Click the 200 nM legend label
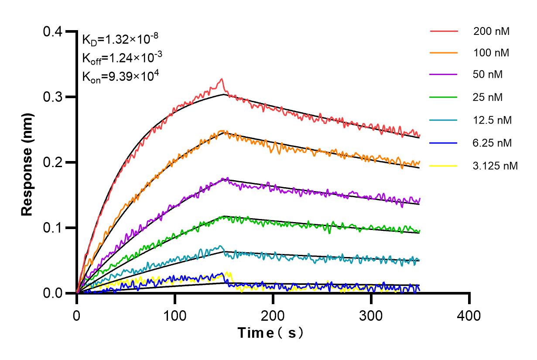click(x=491, y=31)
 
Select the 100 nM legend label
click(x=491, y=53)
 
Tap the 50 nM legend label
click(x=488, y=75)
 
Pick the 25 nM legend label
click(x=488, y=97)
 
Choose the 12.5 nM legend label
click(x=493, y=120)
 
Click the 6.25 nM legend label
click(x=493, y=143)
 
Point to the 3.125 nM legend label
click(x=495, y=165)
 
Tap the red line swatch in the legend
click(x=444, y=31)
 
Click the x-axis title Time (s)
click(x=270, y=333)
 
